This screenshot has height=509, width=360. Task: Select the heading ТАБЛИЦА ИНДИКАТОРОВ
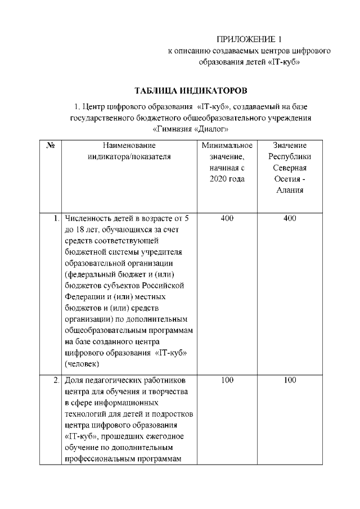click(191, 91)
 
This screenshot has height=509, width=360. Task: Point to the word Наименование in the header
click(129, 145)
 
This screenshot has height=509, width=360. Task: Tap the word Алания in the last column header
click(290, 190)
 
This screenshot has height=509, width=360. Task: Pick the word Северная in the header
click(290, 168)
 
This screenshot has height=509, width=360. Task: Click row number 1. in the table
click(56, 218)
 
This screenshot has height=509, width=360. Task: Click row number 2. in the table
click(56, 381)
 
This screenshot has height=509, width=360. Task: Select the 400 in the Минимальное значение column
click(227, 218)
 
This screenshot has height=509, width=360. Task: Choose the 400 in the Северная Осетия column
click(290, 218)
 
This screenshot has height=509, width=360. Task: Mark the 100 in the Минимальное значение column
click(227, 381)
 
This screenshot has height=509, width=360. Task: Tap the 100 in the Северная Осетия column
click(290, 381)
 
